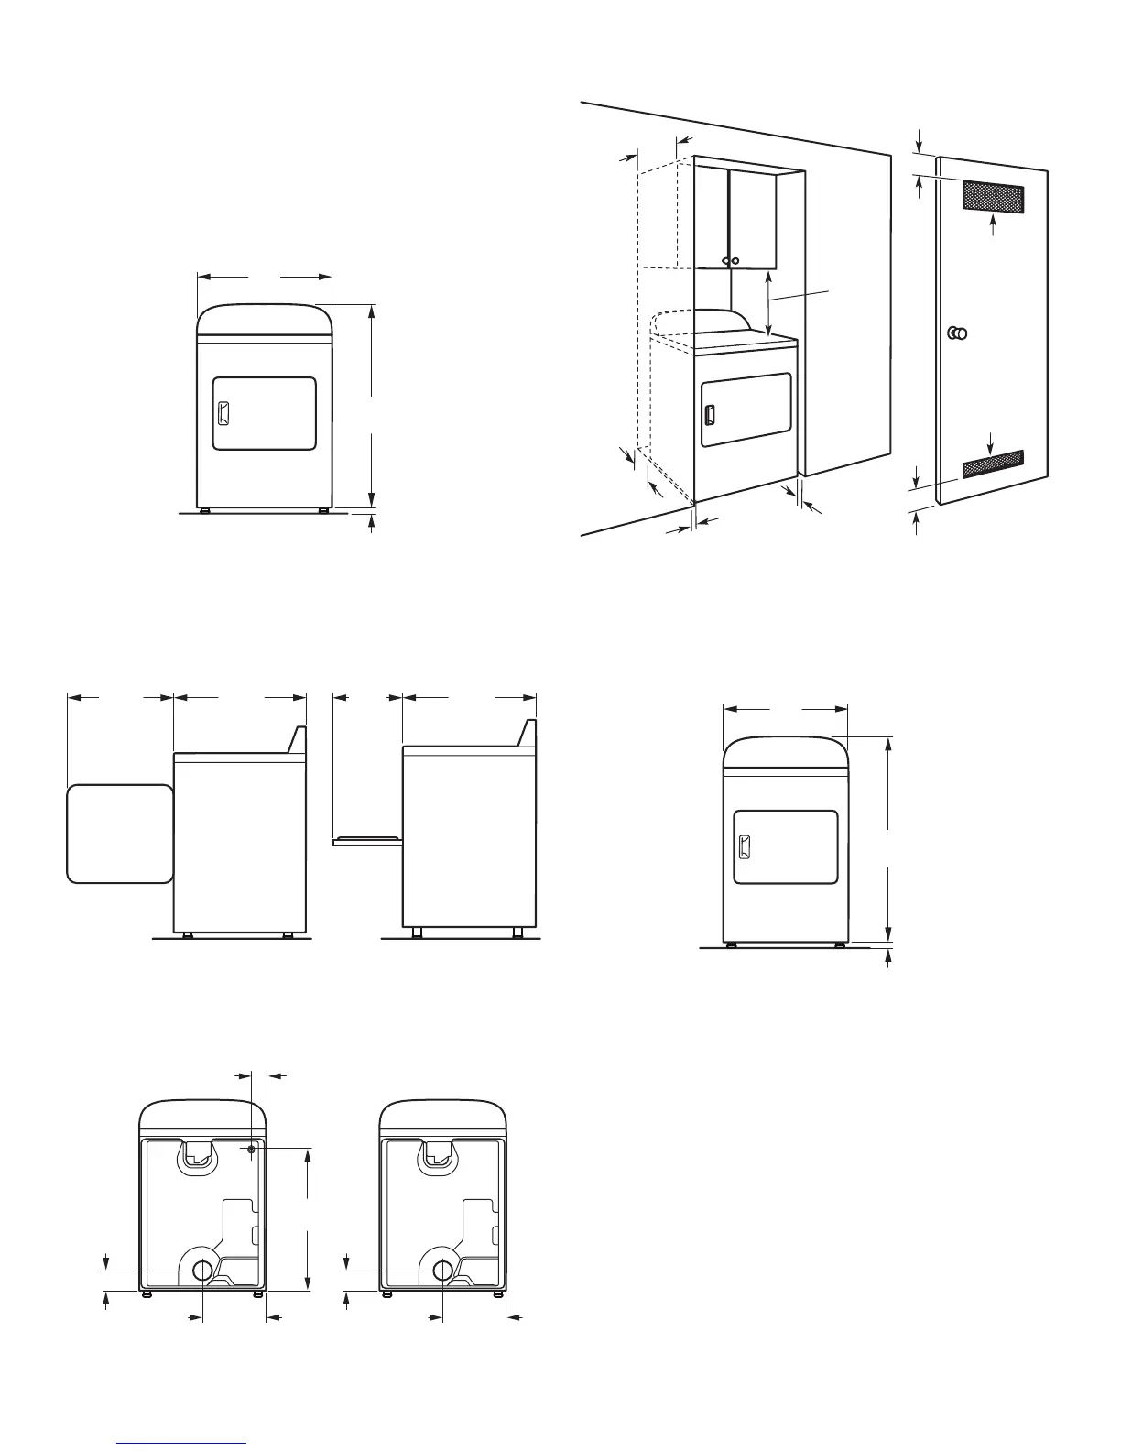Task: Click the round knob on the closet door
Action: point(959,333)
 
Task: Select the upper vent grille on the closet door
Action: point(992,194)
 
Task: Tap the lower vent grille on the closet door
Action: point(993,464)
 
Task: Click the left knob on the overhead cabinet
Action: point(725,261)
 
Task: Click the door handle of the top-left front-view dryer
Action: point(221,413)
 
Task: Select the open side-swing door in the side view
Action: point(120,833)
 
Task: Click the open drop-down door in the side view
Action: point(367,839)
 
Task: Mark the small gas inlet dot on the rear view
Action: point(250,1148)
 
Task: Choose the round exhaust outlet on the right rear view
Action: point(442,1270)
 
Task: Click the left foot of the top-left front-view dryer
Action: point(205,509)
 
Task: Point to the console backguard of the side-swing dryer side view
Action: point(297,740)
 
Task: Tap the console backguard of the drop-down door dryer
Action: point(527,733)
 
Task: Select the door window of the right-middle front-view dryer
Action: point(786,847)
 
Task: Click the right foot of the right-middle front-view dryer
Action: point(839,944)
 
